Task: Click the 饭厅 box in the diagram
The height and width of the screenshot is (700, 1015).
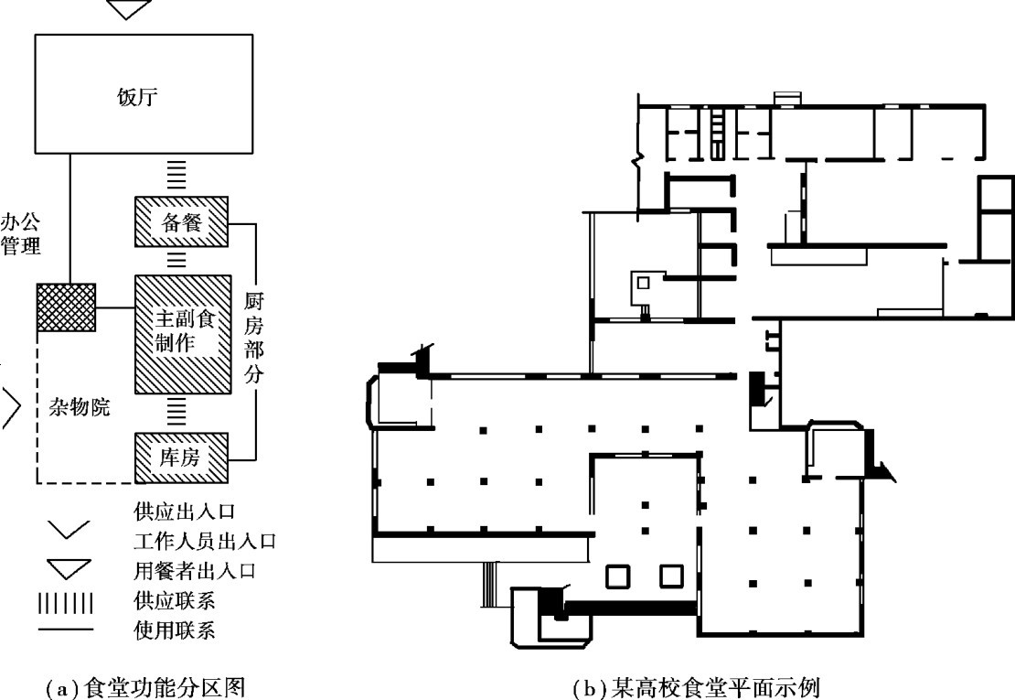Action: (x=144, y=94)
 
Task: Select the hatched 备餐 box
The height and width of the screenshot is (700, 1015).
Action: (x=180, y=222)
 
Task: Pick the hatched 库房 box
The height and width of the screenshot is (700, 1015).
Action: (x=180, y=457)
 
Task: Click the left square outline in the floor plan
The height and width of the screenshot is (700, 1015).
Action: (x=617, y=576)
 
